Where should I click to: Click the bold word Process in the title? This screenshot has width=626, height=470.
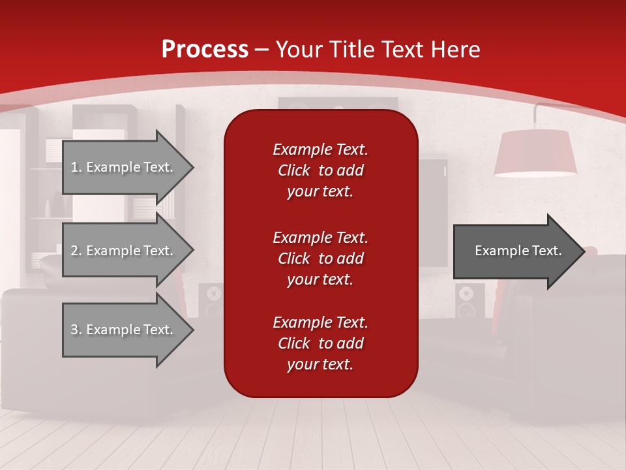[205, 50]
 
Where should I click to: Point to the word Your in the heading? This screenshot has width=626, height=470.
[300, 50]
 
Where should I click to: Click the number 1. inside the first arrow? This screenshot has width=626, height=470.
[76, 167]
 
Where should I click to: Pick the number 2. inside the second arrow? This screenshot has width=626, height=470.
[76, 251]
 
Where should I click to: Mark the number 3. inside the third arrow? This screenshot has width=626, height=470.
[76, 330]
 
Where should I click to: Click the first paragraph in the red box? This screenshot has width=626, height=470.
[320, 170]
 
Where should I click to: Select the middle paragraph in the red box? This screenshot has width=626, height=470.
[320, 258]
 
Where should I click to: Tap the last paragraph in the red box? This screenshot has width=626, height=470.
[320, 343]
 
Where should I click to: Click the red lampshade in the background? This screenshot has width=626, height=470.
[535, 153]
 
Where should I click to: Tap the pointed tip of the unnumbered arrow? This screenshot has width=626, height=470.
[582, 251]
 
